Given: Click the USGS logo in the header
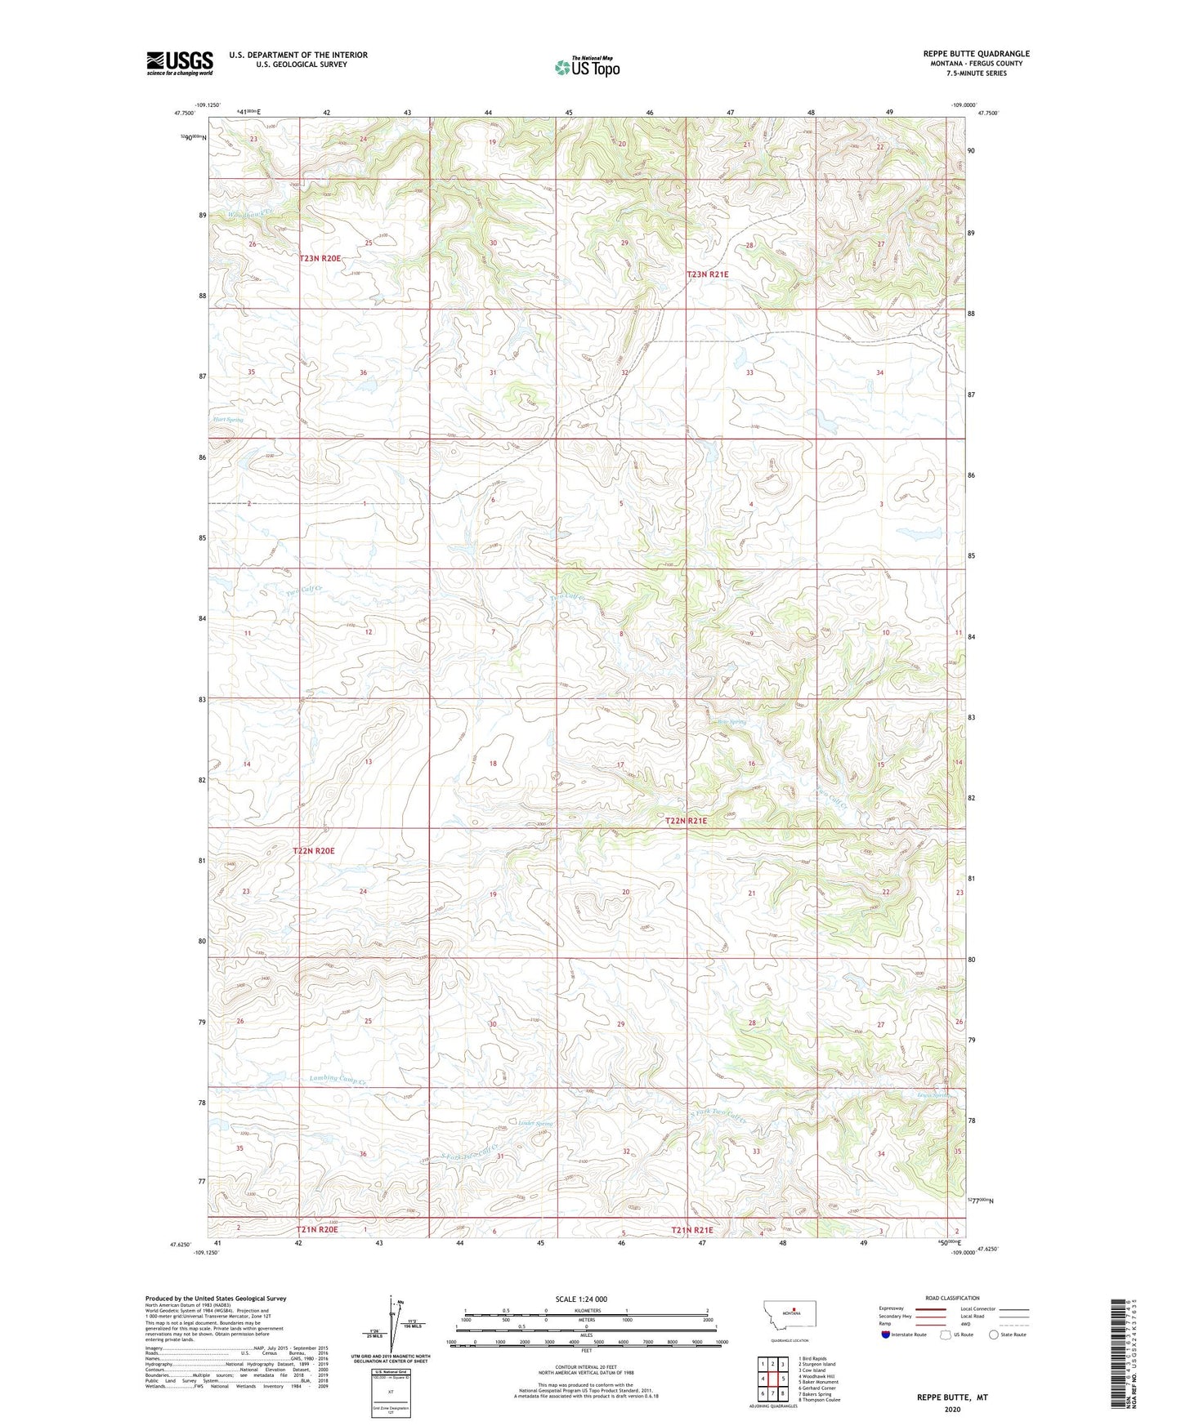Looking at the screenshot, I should pos(179,63).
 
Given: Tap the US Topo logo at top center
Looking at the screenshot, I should pos(587,67).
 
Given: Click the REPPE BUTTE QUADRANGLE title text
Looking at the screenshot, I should pos(976,54).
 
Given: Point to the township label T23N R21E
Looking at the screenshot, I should pos(707,274).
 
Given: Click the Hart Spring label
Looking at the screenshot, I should pos(228,420).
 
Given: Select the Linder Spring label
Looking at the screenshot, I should pos(536,1124).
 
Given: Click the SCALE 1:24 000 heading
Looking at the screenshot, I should pos(581,1299).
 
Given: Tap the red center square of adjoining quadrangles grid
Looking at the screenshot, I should pos(772,1379).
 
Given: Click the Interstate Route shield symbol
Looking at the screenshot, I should pos(886,1335).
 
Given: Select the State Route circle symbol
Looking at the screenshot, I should pos(993,1335).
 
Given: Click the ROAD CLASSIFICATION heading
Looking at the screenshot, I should pos(952,1298).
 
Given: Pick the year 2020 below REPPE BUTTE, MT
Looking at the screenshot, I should pos(952,1410).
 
